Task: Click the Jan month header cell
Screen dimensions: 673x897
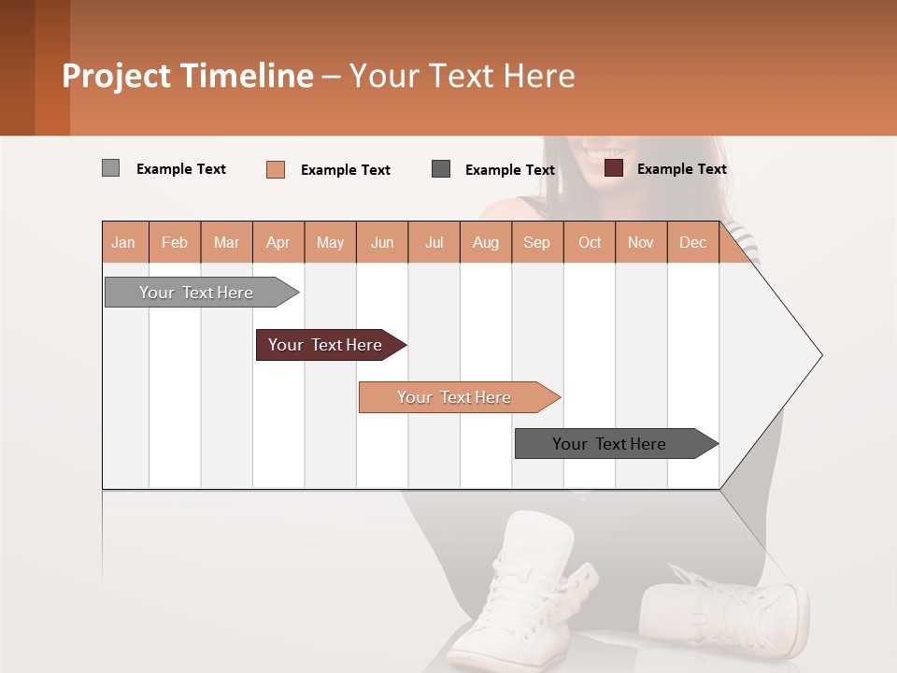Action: (x=123, y=242)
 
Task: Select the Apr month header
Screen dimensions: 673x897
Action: (x=278, y=242)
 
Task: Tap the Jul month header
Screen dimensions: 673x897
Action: (x=434, y=242)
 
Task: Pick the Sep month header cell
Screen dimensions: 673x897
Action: (x=536, y=242)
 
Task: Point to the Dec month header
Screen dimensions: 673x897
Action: (x=692, y=242)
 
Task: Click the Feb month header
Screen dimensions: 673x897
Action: (x=175, y=242)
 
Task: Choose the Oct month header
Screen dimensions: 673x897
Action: (x=590, y=242)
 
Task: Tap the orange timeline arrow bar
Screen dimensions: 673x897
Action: (x=455, y=397)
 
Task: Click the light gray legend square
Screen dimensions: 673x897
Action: (x=110, y=168)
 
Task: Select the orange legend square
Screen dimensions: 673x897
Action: (x=275, y=169)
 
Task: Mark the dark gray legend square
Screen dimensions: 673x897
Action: (x=441, y=168)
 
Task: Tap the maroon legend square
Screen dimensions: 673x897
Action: (x=613, y=168)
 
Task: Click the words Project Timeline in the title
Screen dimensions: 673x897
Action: (x=187, y=76)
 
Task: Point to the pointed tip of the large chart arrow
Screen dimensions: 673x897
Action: (x=820, y=355)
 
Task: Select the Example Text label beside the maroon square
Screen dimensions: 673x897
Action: (x=681, y=169)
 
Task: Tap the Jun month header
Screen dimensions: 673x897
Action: (x=382, y=242)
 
